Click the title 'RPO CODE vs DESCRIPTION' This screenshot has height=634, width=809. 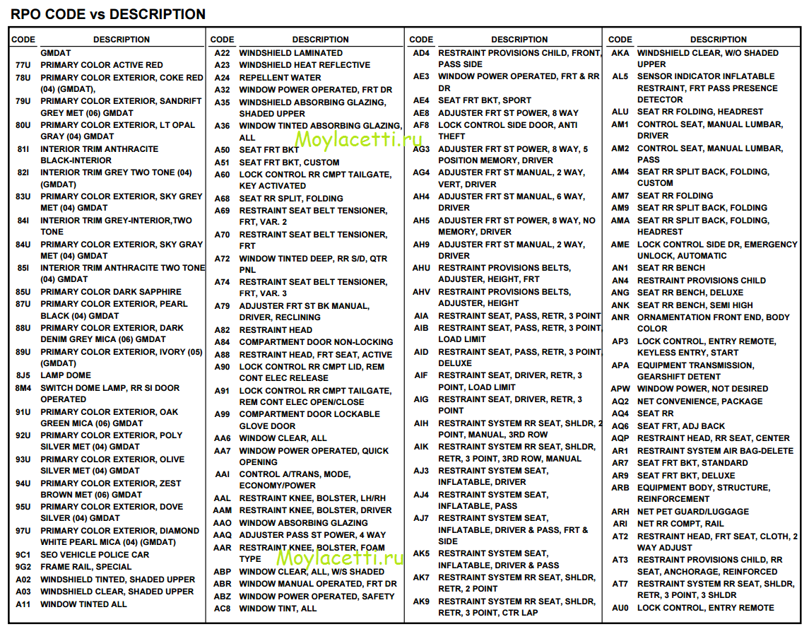click(108, 14)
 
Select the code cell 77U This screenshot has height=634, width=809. click(23, 65)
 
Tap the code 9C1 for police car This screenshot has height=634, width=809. click(23, 555)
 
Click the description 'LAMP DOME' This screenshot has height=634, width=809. click(66, 375)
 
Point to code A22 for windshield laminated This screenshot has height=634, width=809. click(223, 53)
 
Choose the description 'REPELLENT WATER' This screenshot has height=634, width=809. click(281, 78)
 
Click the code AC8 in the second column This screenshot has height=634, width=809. click(223, 609)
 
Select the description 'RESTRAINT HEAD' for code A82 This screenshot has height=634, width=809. click(276, 330)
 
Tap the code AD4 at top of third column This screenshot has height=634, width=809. click(421, 53)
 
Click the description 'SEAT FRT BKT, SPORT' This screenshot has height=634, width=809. click(485, 100)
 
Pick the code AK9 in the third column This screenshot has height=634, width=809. click(421, 601)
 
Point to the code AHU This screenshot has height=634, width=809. click(421, 269)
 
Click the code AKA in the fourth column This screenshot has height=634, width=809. click(620, 53)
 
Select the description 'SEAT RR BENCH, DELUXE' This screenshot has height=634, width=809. click(690, 293)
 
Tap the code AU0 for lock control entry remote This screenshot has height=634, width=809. click(620, 608)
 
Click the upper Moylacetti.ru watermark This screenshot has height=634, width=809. click(358, 139)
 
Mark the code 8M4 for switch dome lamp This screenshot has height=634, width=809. click(23, 388)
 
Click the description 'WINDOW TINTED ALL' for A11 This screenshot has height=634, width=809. click(83, 604)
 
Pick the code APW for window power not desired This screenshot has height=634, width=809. click(620, 389)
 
